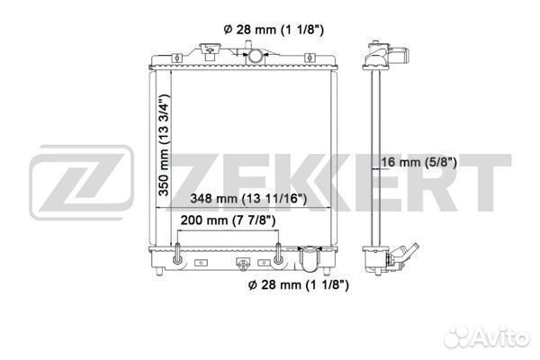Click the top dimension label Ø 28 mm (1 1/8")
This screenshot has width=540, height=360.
[x=274, y=30]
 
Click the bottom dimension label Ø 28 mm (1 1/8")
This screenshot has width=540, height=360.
[x=298, y=285]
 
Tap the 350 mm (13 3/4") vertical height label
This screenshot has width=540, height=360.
[x=164, y=145]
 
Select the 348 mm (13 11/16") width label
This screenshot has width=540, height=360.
[x=248, y=199]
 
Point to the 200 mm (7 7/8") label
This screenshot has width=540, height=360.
[x=228, y=220]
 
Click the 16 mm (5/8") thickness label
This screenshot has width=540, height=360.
[x=418, y=162]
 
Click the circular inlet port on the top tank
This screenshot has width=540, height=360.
[x=255, y=56]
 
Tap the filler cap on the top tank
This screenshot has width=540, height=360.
[x=210, y=51]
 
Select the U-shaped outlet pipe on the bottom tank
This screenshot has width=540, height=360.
[x=310, y=259]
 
